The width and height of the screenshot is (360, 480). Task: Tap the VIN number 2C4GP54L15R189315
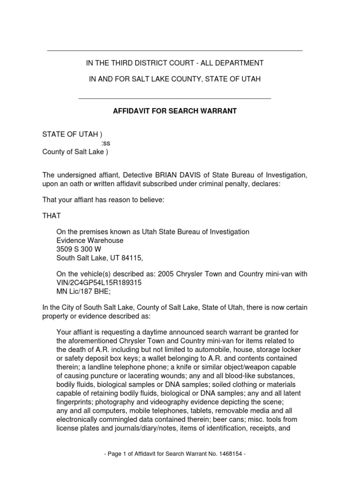click(105, 283)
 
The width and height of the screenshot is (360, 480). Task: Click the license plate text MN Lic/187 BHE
click(80, 291)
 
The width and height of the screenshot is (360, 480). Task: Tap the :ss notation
click(106, 143)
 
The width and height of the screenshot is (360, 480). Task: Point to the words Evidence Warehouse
click(90, 240)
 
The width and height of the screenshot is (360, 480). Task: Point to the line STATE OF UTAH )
click(72, 135)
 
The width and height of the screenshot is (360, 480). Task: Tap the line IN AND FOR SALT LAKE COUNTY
click(175, 79)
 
